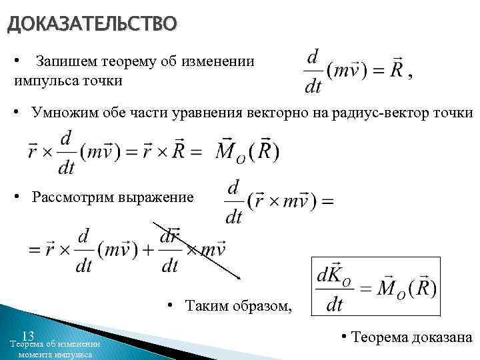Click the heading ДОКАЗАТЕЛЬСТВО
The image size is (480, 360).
click(x=92, y=25)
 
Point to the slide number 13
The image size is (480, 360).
click(x=28, y=335)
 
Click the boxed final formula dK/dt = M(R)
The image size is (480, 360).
click(x=377, y=287)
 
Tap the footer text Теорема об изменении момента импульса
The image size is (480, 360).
click(x=55, y=349)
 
